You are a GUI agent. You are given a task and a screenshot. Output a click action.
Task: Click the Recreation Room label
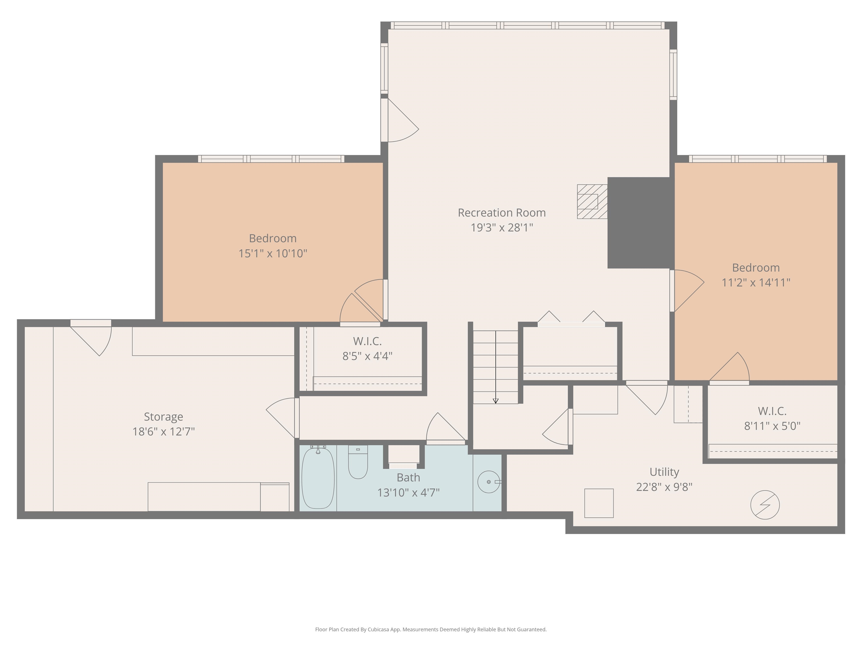coord(501,213)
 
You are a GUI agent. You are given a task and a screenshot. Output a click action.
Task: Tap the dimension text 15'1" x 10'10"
coord(273,254)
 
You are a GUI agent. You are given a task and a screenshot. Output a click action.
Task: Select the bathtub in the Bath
coord(318,478)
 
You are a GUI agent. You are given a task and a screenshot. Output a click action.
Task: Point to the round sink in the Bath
coord(488,482)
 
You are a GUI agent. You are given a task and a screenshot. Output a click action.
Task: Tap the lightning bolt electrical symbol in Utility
coord(765,505)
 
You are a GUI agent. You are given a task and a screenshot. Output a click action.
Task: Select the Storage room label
coord(163,416)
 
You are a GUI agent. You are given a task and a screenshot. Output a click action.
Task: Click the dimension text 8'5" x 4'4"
coord(367,356)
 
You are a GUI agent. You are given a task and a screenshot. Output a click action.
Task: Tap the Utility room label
coord(664,472)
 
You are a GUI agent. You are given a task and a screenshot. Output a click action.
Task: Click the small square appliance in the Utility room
coord(599,503)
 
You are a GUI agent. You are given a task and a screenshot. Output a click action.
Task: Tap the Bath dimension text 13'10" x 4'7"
coord(408,493)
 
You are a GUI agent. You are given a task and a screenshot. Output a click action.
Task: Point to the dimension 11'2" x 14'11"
coord(756,282)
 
